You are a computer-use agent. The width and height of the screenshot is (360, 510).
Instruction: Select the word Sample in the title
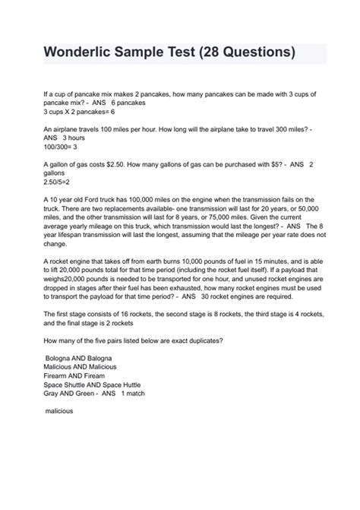[x=151, y=54]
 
